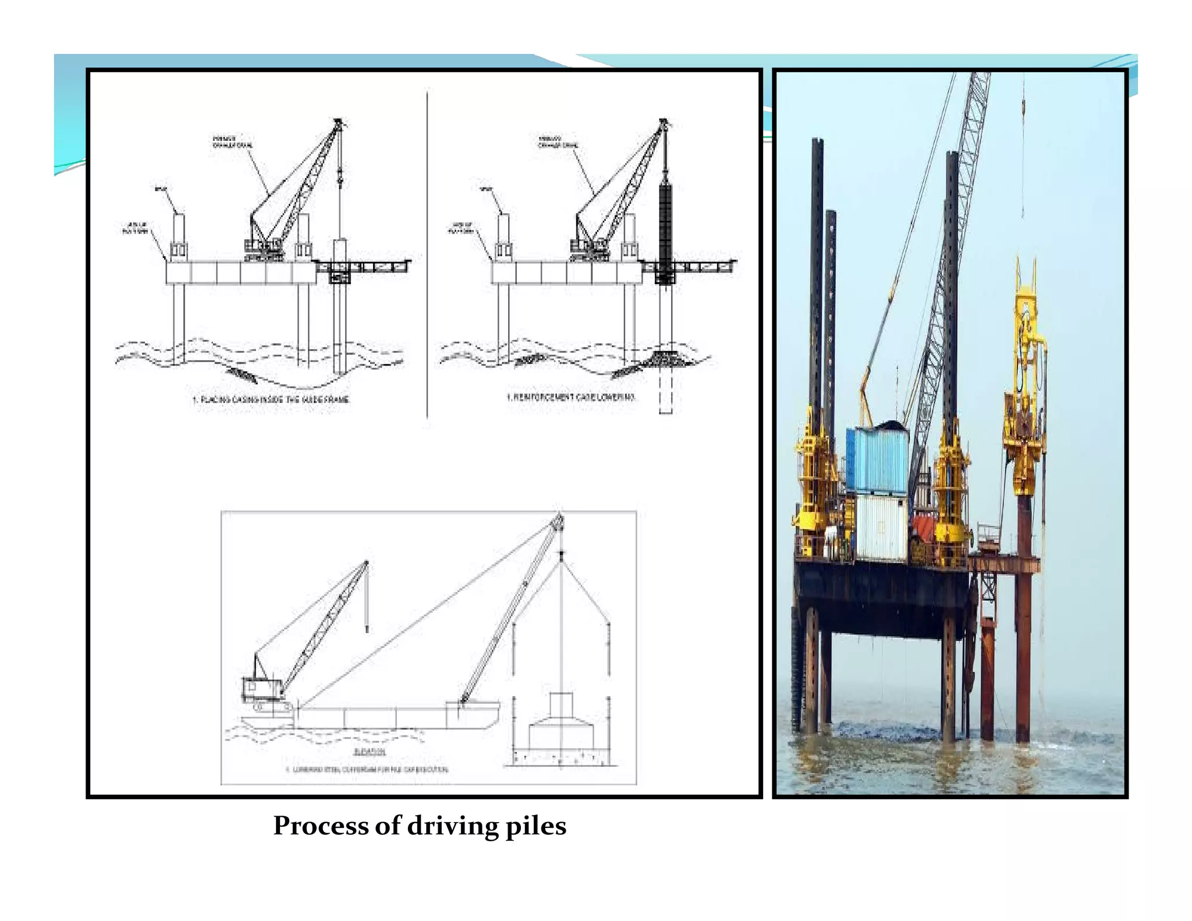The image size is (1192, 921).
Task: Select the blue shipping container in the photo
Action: (877, 460)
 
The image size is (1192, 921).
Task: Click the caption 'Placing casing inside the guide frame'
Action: (271, 400)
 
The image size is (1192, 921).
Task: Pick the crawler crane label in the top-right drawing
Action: (558, 141)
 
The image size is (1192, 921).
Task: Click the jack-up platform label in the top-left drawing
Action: (134, 228)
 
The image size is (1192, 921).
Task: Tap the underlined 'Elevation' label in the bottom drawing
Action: (370, 752)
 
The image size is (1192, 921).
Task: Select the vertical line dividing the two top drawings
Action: (427, 256)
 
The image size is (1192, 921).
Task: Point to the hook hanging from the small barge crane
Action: (367, 629)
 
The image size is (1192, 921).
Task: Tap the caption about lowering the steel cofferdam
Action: (367, 770)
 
